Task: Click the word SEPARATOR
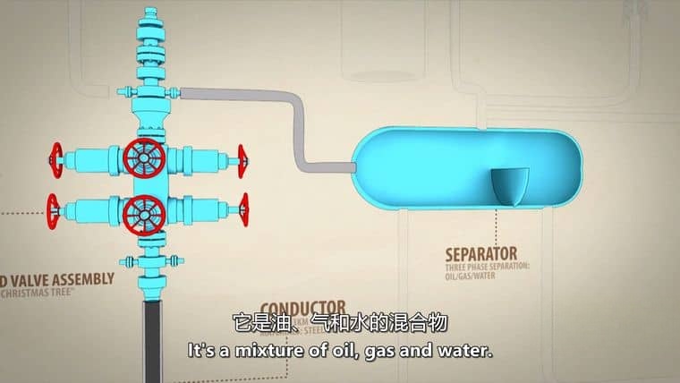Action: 481,253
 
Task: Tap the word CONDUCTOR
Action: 303,306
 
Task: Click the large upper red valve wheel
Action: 144,158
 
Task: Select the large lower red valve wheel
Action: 143,214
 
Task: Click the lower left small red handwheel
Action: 55,211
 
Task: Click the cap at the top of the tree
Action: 150,16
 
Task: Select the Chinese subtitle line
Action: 339,323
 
